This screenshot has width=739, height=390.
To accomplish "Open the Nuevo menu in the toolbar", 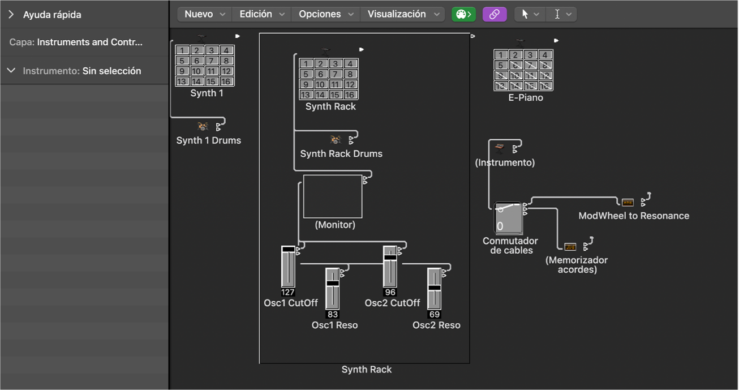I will pos(204,14).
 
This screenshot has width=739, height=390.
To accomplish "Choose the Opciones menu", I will pos(326,14).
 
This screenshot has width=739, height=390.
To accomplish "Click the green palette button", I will pos(463,14).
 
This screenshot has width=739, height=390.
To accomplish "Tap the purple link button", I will pos(495,14).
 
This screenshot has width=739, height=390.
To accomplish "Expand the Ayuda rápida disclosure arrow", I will pos(11,15).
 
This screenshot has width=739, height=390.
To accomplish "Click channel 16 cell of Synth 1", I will pos(226,81).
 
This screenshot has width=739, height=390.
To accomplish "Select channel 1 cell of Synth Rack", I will pos(306,64).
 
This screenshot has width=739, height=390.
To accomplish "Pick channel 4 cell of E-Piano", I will pos(545,55).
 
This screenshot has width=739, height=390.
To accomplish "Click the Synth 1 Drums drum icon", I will pos(203,126).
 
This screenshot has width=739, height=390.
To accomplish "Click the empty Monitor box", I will pos(333,196).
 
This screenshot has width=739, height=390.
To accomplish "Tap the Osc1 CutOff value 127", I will pos(288,293).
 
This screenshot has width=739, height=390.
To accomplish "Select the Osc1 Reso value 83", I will pos(333,314).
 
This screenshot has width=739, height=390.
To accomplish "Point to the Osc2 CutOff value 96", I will pos(390,293).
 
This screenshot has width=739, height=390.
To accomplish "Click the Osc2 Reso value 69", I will pos(434,314).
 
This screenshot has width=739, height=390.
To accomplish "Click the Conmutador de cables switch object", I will pos(508,218).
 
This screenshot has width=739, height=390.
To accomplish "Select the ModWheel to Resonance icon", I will pos(628,202).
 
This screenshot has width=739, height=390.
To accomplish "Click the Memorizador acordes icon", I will pos(570,246).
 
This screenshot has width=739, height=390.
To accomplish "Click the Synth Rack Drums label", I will pos(341,153).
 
